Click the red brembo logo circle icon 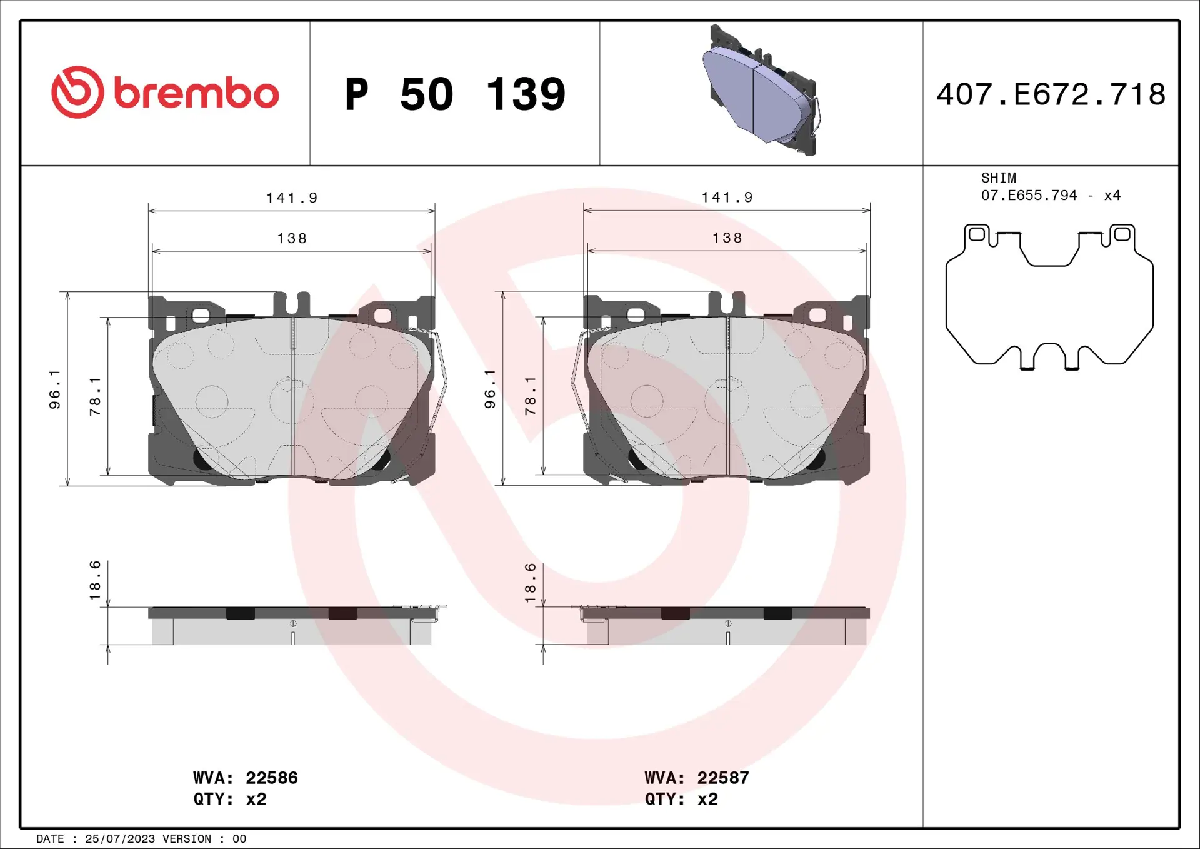(x=77, y=92)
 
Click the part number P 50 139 (x=455, y=94)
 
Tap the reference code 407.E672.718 (x=1051, y=94)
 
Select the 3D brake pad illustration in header (x=762, y=91)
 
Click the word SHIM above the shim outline (x=998, y=178)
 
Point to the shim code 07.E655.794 (x=1029, y=196)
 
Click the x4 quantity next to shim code (x=1112, y=196)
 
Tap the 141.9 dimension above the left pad (x=292, y=198)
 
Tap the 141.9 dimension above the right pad (x=727, y=198)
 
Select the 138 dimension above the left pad (x=292, y=239)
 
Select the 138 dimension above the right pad (x=727, y=238)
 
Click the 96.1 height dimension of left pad (x=55, y=389)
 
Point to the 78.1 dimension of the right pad (x=530, y=396)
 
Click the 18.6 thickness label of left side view (x=95, y=580)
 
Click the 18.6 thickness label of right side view (x=530, y=583)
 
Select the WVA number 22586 (x=271, y=778)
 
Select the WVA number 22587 (x=722, y=778)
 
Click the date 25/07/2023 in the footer (x=119, y=839)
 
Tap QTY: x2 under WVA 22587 (x=681, y=799)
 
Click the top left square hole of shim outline (x=976, y=234)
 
